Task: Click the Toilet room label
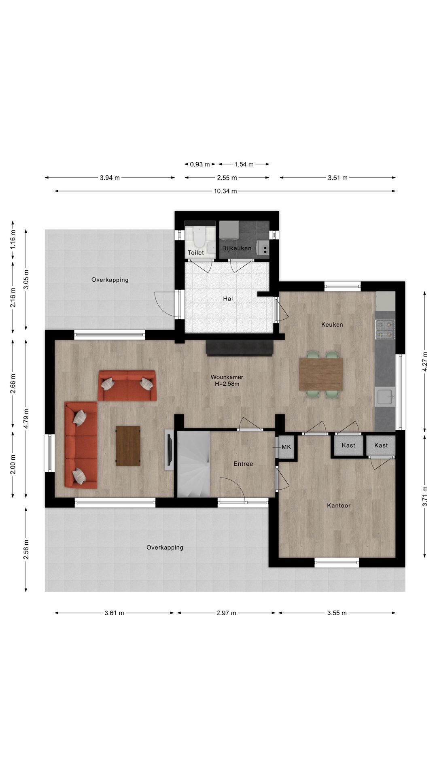[196, 253]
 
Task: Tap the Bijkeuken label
[237, 248]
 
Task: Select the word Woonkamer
[227, 377]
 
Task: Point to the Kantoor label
[339, 505]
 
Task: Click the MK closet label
[286, 447]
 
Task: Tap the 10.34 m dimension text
[225, 191]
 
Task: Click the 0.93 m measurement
[200, 164]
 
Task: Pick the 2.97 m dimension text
[226, 613]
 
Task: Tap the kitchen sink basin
[385, 396]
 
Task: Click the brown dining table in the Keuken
[321, 374]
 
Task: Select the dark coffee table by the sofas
[128, 446]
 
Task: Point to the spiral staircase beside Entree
[194, 464]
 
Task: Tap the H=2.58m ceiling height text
[227, 384]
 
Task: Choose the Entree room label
[243, 464]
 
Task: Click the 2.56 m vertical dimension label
[26, 550]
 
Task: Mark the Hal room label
[228, 299]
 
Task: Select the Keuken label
[332, 325]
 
